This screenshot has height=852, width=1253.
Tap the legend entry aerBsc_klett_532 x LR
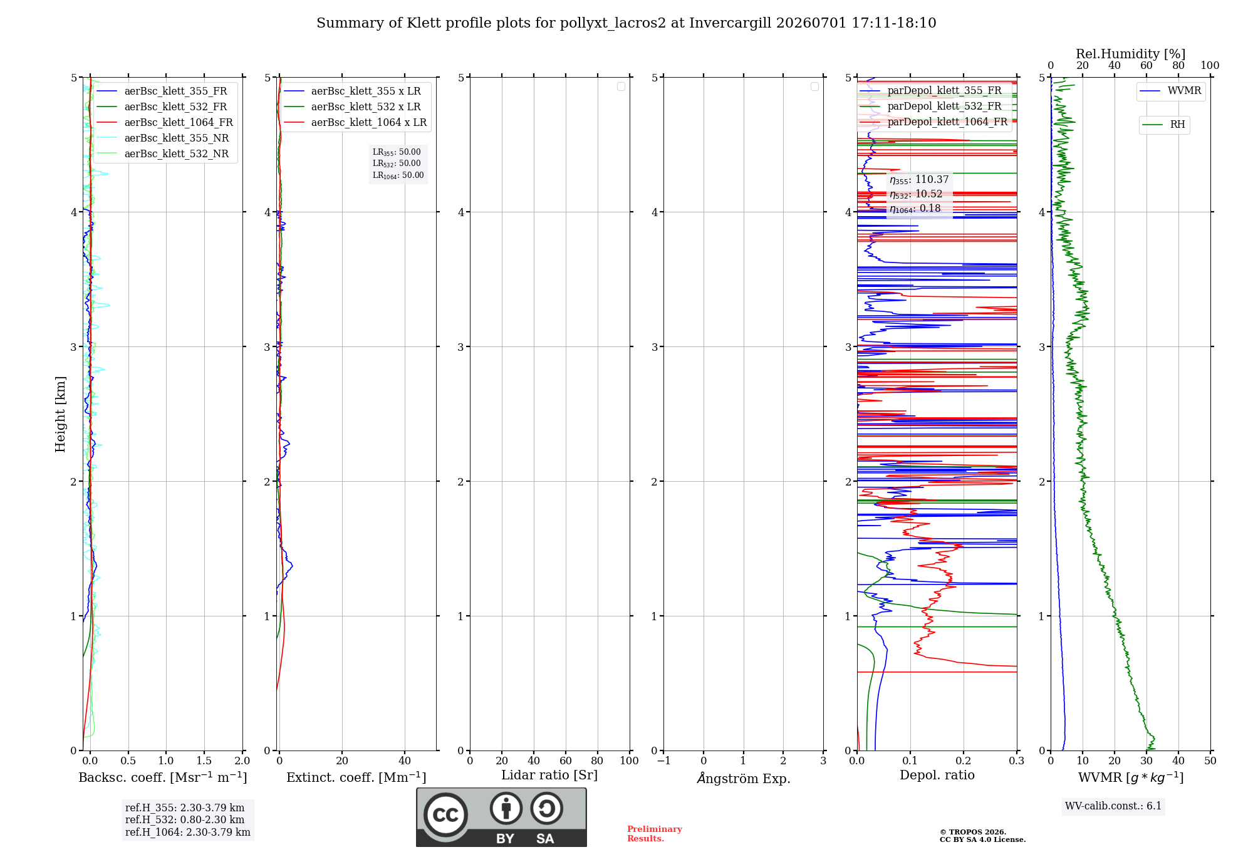(355, 106)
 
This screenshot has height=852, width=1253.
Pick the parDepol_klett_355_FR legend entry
(930, 90)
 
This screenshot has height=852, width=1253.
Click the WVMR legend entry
(1170, 91)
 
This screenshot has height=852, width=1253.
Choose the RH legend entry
(1164, 125)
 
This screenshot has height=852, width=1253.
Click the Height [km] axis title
(60, 414)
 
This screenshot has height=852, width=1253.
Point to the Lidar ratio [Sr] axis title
(549, 775)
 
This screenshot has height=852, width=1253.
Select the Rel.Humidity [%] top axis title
(1131, 54)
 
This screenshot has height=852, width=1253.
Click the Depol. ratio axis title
(937, 775)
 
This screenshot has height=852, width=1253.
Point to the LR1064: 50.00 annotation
(398, 175)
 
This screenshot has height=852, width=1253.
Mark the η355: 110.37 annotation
(919, 180)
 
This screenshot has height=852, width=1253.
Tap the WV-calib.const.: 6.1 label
(1113, 806)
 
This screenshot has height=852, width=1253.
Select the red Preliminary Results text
(655, 834)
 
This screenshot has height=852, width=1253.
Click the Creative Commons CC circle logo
(445, 815)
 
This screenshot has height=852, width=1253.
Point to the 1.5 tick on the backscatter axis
(204, 761)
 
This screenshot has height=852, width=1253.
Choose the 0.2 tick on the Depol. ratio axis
(964, 761)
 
